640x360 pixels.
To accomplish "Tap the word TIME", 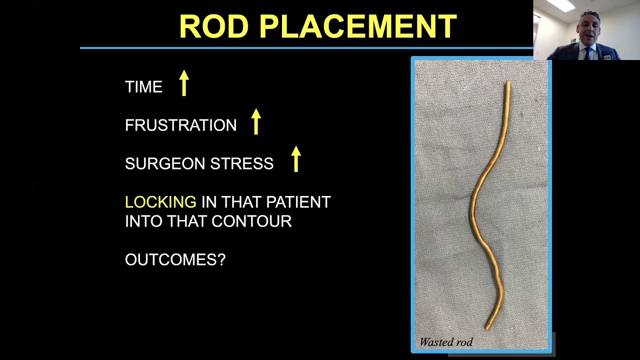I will pos(143,87).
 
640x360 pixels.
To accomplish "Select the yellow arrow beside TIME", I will pos(184,82).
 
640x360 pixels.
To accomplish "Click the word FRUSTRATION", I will pos(180,125).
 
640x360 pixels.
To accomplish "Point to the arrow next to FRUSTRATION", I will pos(256,121).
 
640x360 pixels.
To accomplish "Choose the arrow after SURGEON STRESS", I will pos(296,159).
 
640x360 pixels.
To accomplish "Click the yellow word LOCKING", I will pos(160,202).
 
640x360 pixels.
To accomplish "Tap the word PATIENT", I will pos(298,202).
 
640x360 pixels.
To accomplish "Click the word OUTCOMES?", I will pos(175,260).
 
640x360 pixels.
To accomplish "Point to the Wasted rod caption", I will pos(446,342).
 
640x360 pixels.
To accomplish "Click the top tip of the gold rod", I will pos(508,83).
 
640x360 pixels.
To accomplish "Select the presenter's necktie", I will pos(588,53).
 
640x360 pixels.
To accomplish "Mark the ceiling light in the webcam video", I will pos(561,5).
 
